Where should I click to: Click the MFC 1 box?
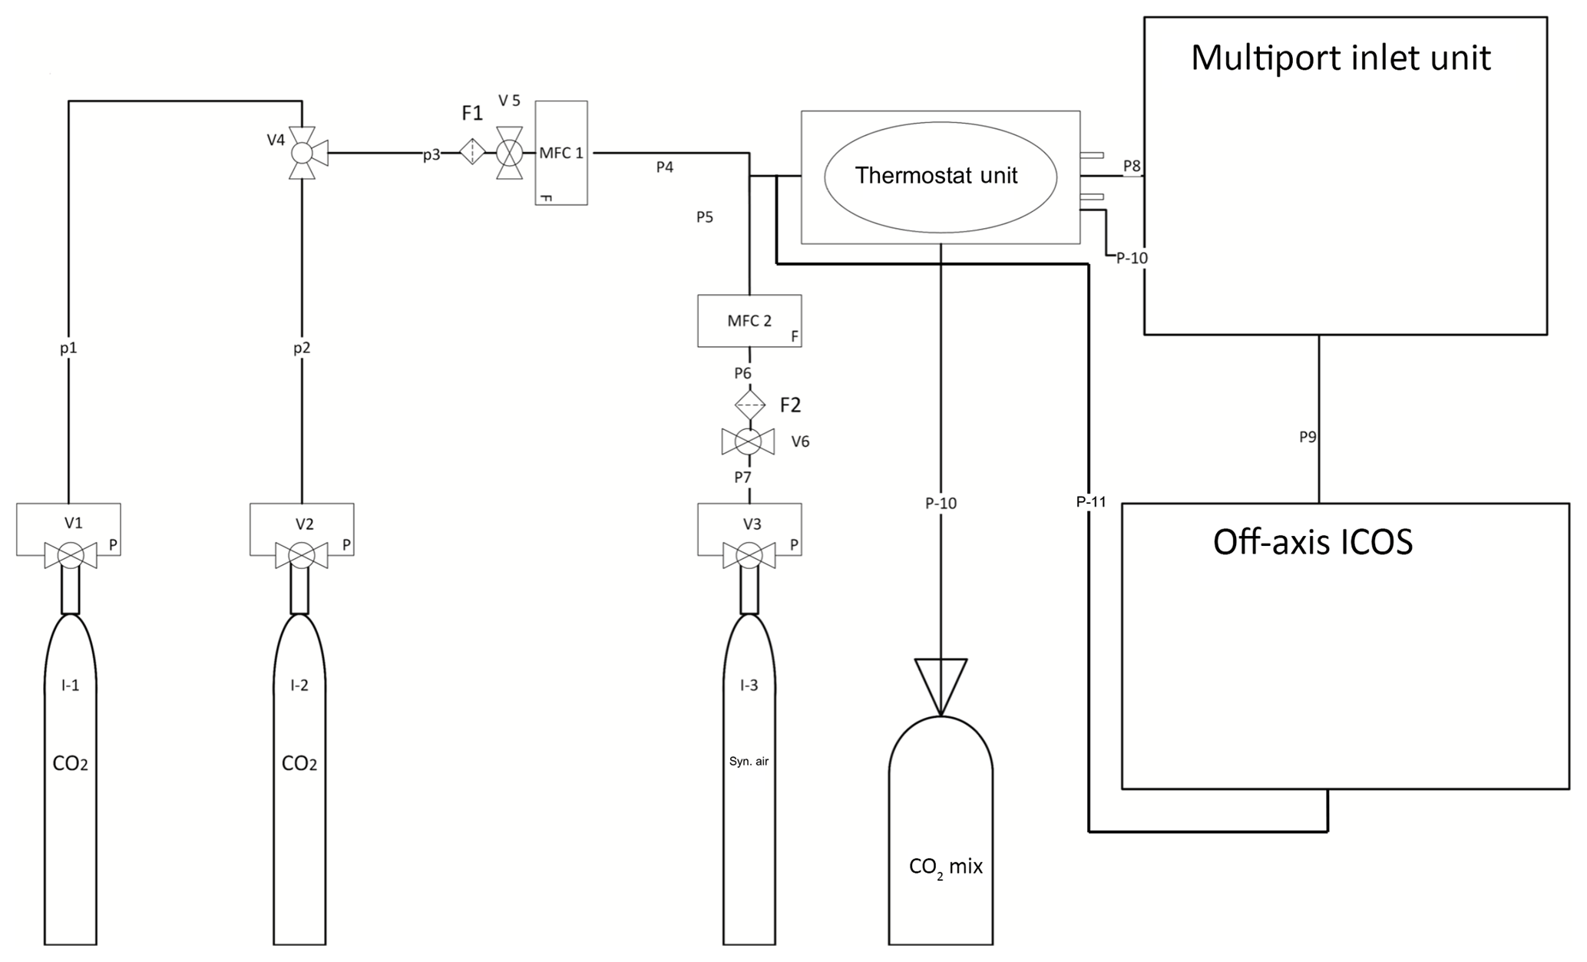[561, 153]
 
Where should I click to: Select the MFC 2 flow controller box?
[749, 321]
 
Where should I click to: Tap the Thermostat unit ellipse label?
[937, 176]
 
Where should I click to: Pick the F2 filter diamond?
[750, 404]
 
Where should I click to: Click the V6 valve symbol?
[748, 442]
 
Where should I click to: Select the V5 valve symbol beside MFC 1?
[508, 153]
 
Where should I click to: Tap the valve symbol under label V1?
[71, 555]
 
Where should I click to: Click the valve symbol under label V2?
[302, 555]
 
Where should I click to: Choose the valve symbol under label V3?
[749, 555]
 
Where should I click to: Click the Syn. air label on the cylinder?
[749, 762]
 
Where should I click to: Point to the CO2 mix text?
[946, 868]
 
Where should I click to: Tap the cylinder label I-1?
[70, 686]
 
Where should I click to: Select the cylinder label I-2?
[299, 686]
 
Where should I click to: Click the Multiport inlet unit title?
[1341, 58]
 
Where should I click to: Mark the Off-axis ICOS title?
[1313, 543]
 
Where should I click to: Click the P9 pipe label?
[1308, 437]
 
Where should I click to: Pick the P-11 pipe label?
[1091, 502]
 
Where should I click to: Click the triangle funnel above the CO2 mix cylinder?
[941, 687]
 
